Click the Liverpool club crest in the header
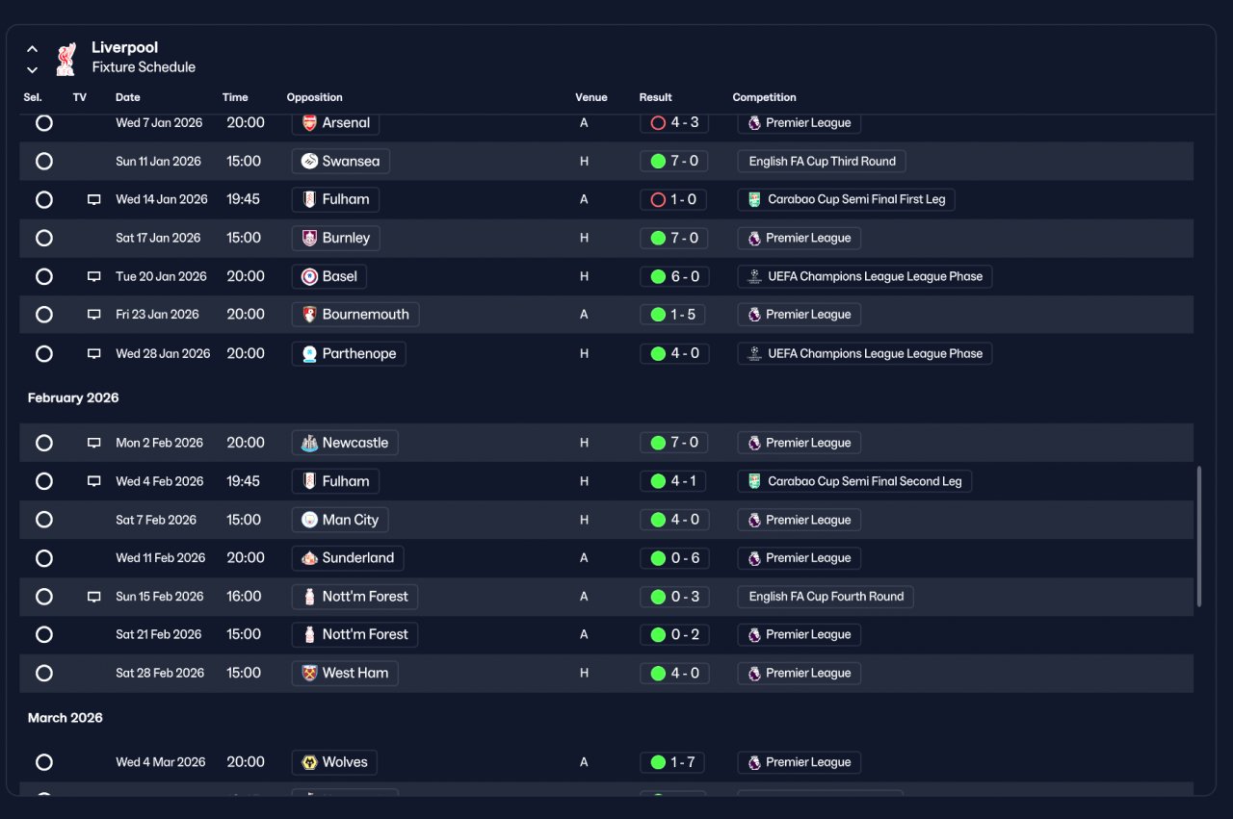tap(66, 59)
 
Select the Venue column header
tap(591, 97)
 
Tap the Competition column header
tap(764, 97)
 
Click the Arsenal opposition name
tap(346, 122)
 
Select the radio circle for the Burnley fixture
tap(44, 238)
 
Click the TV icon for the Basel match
tap(94, 276)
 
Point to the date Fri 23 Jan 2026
tap(157, 315)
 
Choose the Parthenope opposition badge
tap(309, 353)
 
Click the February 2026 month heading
tap(73, 397)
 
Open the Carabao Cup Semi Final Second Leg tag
tap(854, 481)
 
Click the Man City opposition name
tap(350, 520)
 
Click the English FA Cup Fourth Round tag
tap(826, 597)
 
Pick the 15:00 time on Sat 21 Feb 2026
tap(244, 634)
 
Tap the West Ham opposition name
tap(355, 673)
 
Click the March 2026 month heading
tap(65, 718)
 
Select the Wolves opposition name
tap(345, 762)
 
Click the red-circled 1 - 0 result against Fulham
tap(673, 199)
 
